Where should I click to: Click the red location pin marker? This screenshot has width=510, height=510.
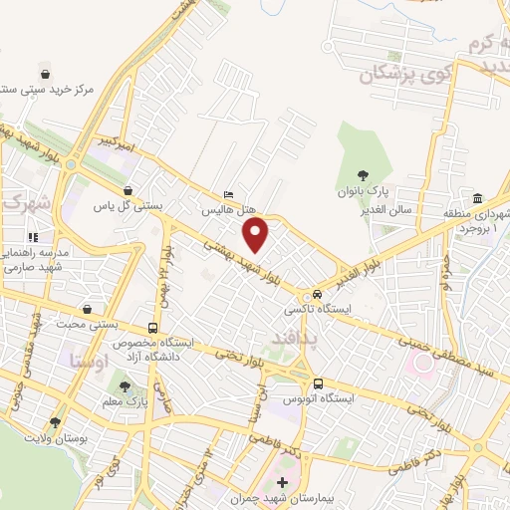tap(257, 235)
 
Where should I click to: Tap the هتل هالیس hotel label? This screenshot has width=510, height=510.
tap(228, 211)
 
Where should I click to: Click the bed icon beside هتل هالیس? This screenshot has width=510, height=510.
tap(228, 195)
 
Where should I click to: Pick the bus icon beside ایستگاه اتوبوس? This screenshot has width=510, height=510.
tap(318, 383)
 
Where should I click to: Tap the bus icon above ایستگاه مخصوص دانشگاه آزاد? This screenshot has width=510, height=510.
tap(152, 327)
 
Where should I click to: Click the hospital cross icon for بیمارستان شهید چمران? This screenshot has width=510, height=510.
tap(282, 484)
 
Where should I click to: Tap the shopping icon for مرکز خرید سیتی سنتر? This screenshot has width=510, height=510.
tap(45, 72)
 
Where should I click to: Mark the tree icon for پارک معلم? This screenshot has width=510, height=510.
tap(125, 386)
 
